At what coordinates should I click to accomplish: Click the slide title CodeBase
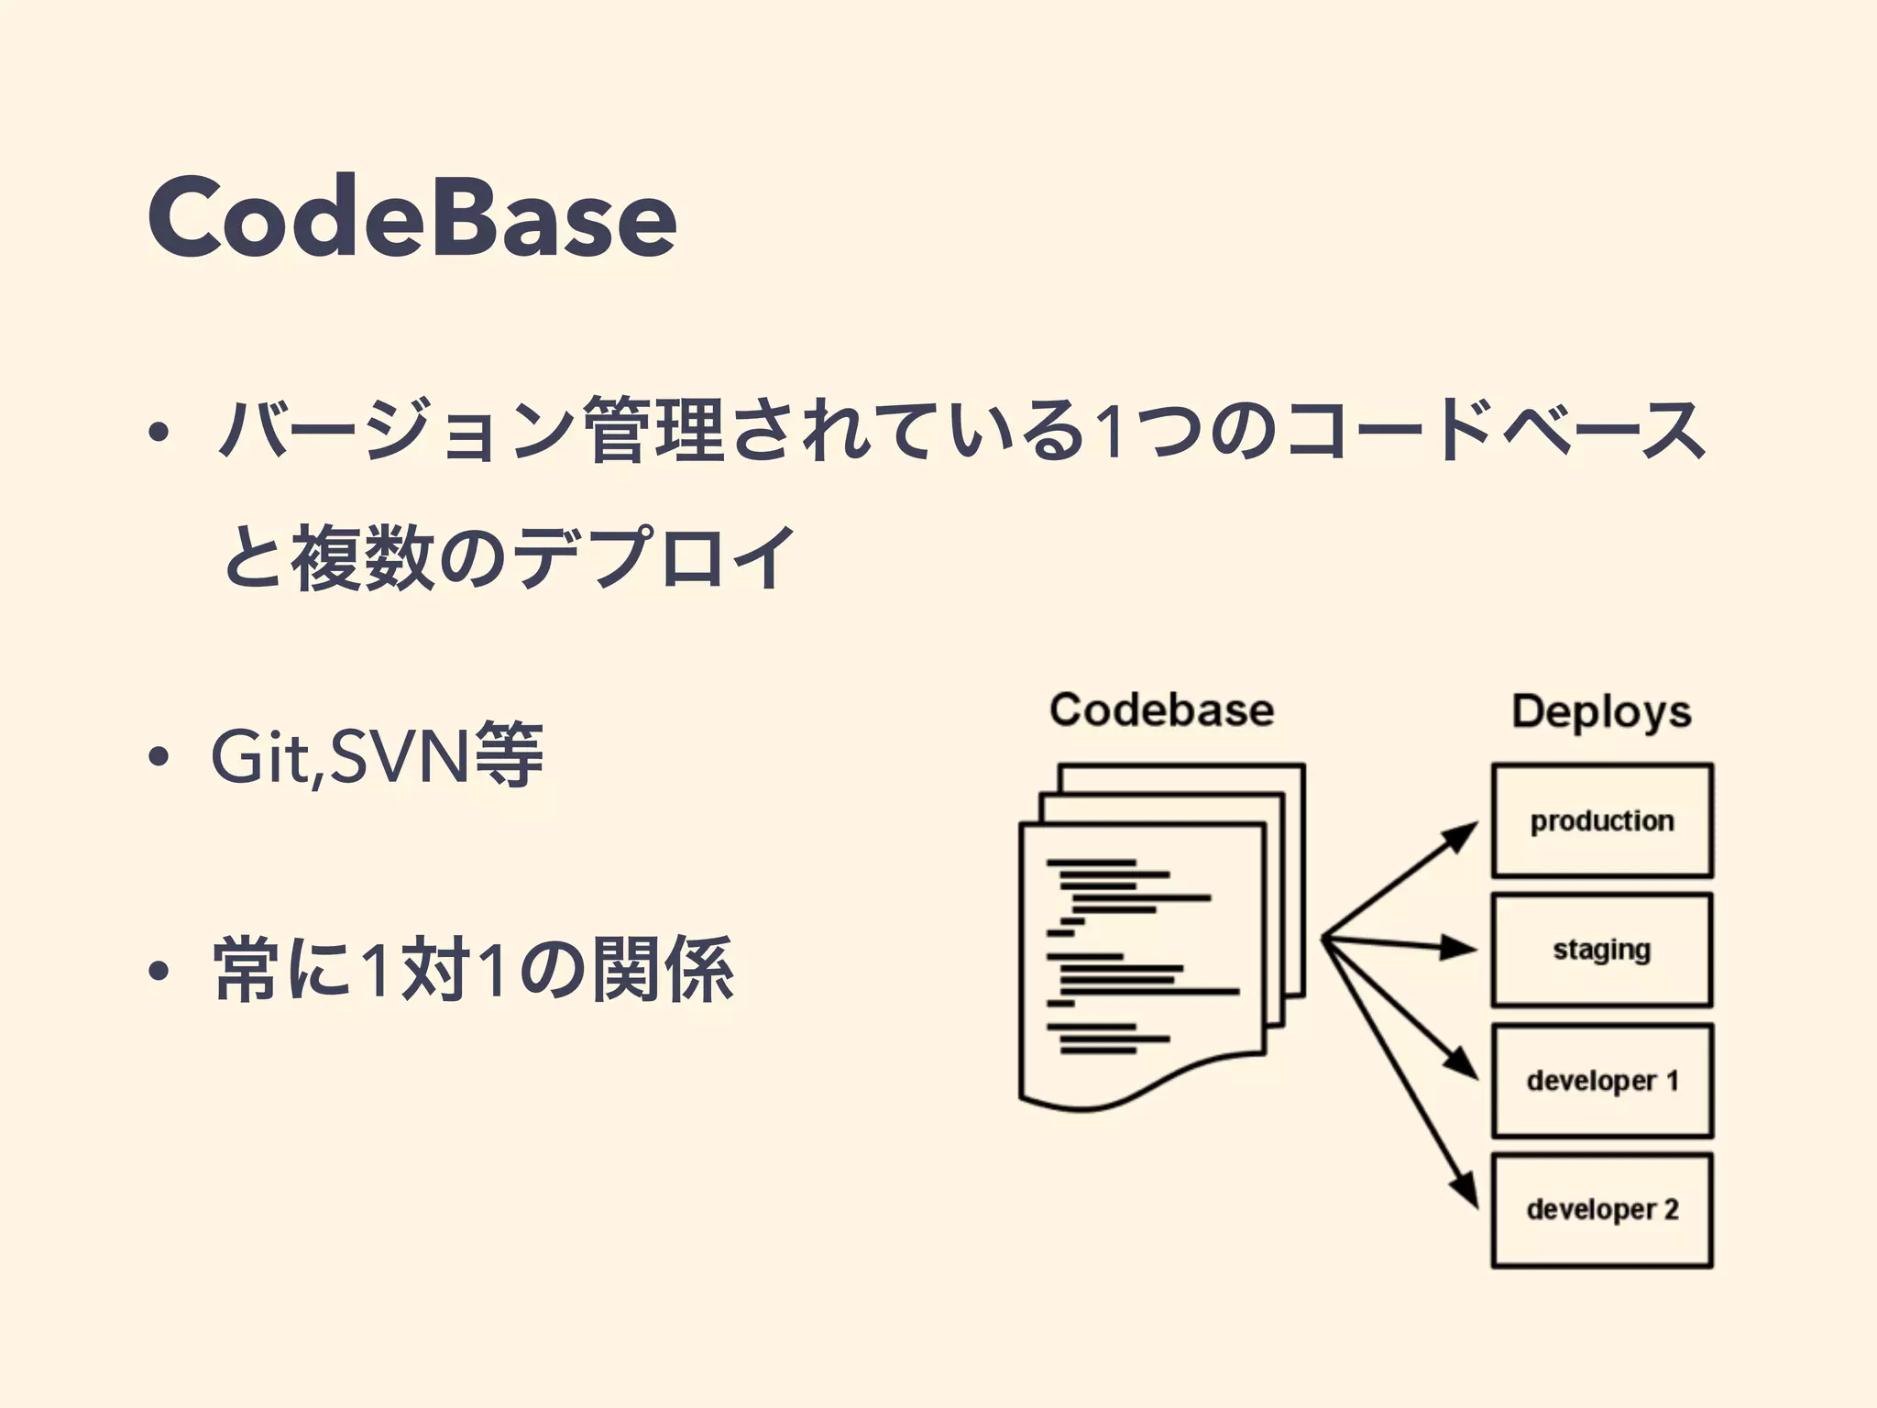click(x=412, y=216)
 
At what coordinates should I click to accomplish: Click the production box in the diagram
click(x=1601, y=820)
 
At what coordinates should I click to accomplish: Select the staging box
click(x=1601, y=950)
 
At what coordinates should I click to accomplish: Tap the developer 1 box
click(x=1601, y=1081)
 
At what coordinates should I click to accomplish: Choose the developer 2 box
click(x=1601, y=1210)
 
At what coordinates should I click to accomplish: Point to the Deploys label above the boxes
click(x=1601, y=712)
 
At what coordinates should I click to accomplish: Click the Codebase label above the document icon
click(x=1161, y=710)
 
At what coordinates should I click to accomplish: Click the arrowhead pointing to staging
click(x=1458, y=948)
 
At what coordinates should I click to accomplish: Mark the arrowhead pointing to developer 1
click(x=1462, y=1063)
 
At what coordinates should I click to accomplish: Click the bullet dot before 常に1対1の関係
click(x=159, y=971)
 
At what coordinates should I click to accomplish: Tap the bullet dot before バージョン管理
click(x=159, y=432)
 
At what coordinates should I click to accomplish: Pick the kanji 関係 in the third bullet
click(x=663, y=969)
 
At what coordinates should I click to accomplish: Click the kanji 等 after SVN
click(x=510, y=756)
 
